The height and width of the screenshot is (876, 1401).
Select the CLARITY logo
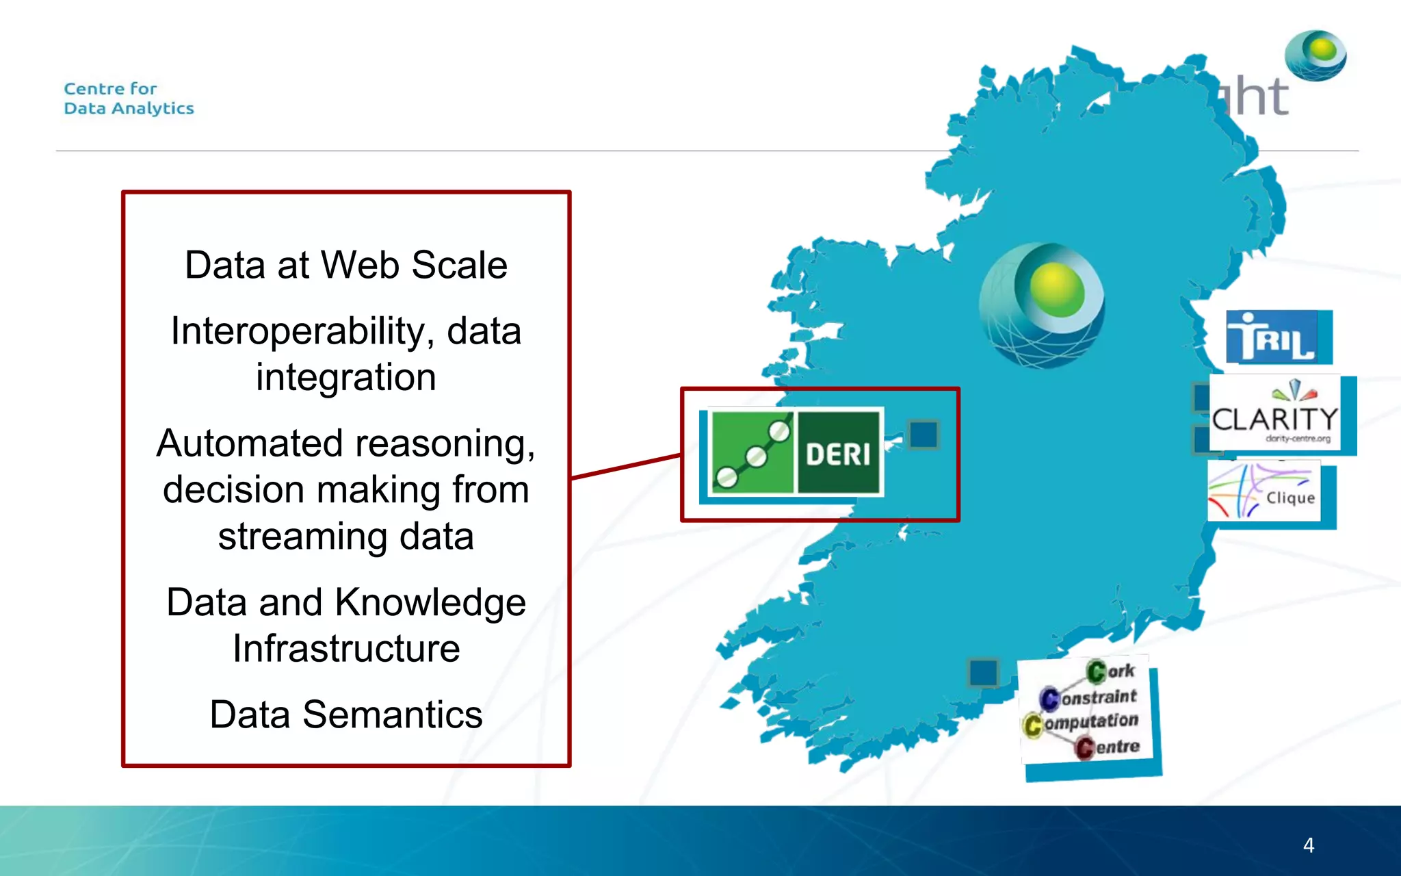[x=1274, y=413]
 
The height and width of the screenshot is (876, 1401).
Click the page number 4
[x=1308, y=845]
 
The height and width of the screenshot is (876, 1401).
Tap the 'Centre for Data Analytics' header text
[x=129, y=99]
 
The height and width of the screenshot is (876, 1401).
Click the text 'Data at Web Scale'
[x=346, y=266]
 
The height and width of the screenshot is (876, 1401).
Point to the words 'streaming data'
[x=346, y=537]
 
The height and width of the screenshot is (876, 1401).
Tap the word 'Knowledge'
[x=430, y=603]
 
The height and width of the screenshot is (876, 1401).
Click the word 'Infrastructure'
[x=346, y=649]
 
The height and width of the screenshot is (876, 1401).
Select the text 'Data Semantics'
[x=346, y=715]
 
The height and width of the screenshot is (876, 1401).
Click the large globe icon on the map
[x=1041, y=305]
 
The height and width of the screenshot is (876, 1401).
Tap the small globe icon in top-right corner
[x=1315, y=55]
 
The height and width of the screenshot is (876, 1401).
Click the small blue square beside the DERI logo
[x=924, y=435]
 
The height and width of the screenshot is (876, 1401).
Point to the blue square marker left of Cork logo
[x=983, y=673]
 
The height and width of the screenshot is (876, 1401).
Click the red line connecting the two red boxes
[x=626, y=466]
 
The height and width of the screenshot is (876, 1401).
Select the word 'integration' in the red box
[x=346, y=378]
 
